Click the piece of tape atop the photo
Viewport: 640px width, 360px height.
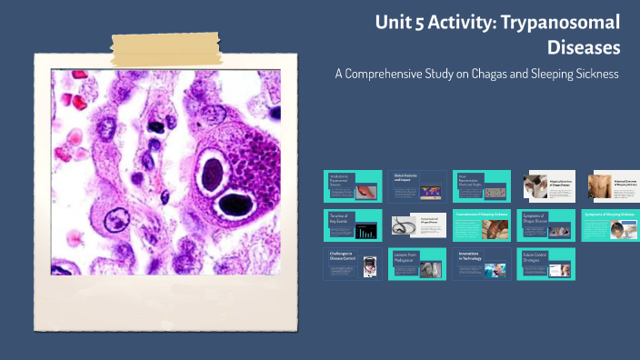pyautogui.click(x=165, y=44)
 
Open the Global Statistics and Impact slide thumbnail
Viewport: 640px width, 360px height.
pyautogui.click(x=416, y=186)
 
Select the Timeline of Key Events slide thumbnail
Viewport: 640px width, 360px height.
pyautogui.click(x=353, y=225)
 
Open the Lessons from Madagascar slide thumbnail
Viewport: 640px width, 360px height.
pyautogui.click(x=416, y=263)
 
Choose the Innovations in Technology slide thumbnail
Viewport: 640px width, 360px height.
pyautogui.click(x=481, y=263)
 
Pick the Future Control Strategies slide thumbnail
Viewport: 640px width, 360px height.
pyautogui.click(x=545, y=263)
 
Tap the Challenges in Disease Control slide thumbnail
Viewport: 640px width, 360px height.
pyautogui.click(x=353, y=263)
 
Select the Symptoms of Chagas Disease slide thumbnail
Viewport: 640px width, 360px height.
pyautogui.click(x=545, y=225)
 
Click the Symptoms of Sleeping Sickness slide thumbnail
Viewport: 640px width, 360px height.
pyautogui.click(x=610, y=225)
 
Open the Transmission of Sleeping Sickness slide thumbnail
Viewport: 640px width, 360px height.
pyautogui.click(x=481, y=225)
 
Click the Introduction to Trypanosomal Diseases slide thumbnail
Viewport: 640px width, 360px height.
pyautogui.click(x=353, y=186)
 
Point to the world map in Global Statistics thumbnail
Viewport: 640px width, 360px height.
pyautogui.click(x=430, y=192)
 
